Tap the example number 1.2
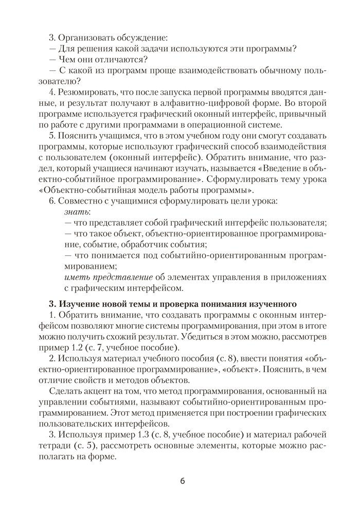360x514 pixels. pos(76,347)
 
